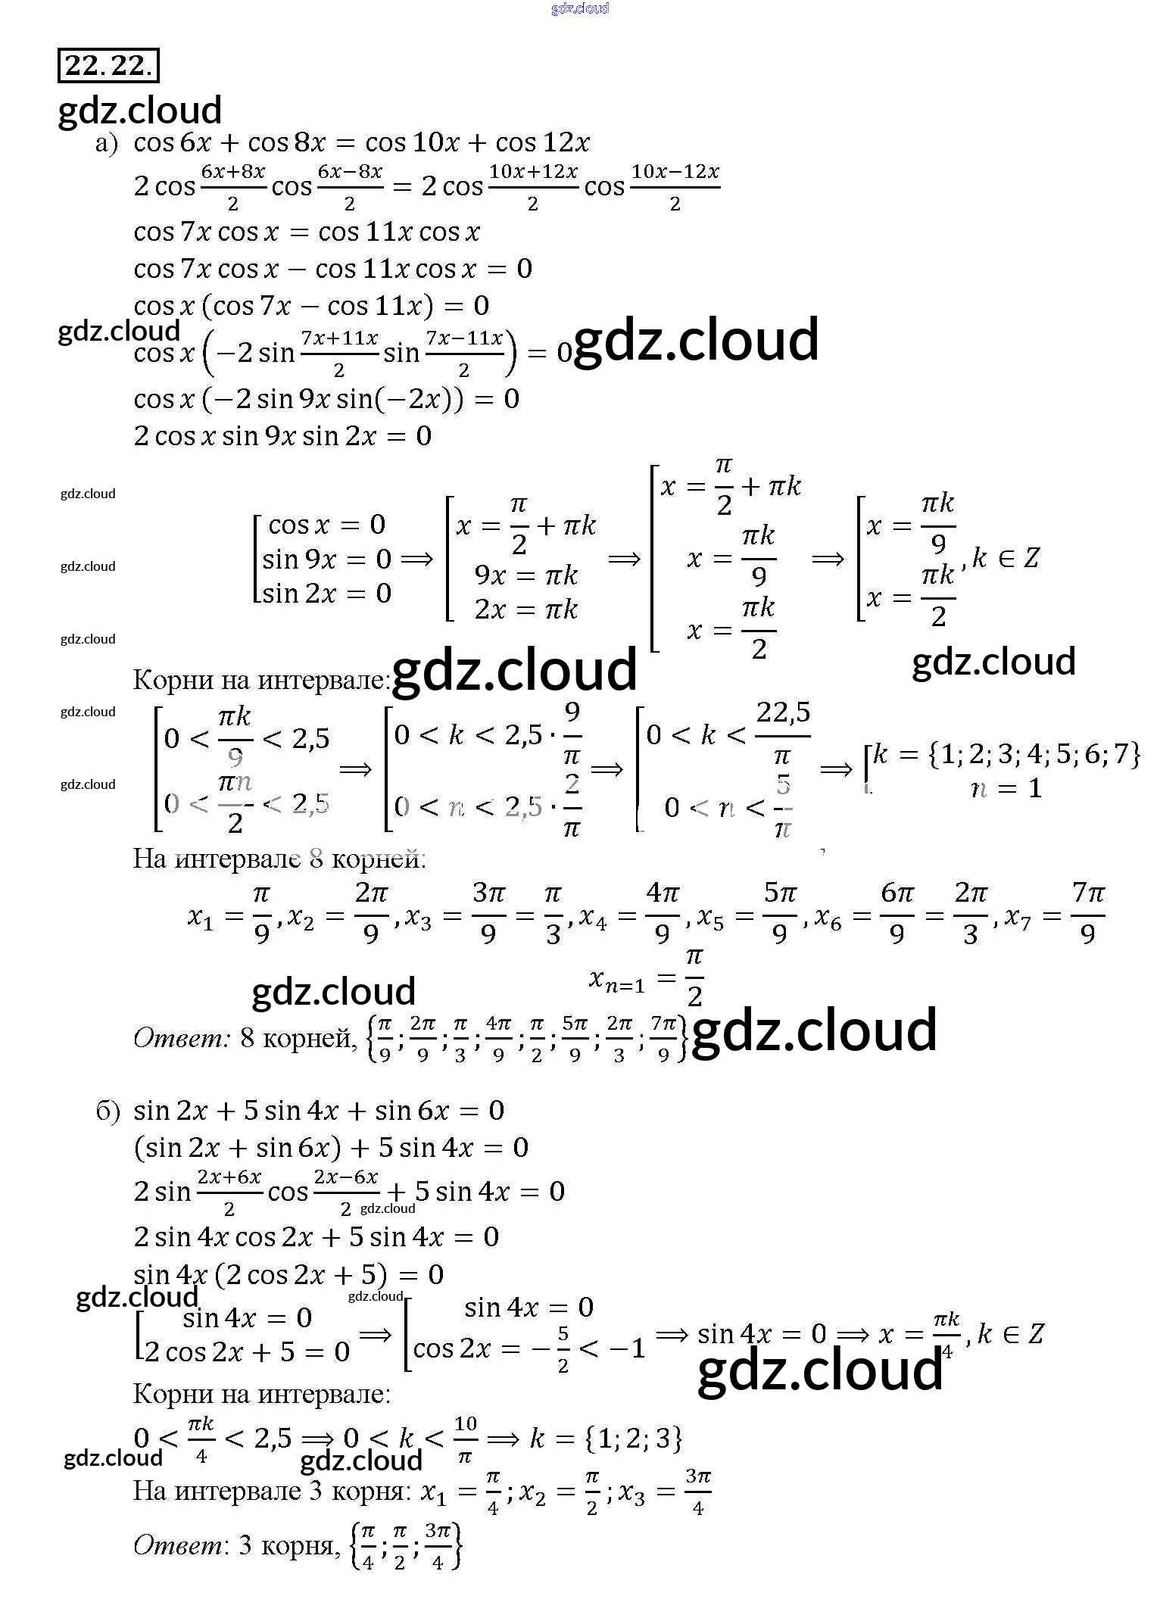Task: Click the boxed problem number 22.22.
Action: point(108,66)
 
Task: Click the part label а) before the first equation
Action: point(107,144)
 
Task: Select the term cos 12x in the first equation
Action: point(542,142)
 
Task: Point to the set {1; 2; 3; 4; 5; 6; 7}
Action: point(1033,754)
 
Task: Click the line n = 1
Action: point(1006,789)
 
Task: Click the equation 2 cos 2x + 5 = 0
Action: point(247,1352)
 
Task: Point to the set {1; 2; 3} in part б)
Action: point(634,1438)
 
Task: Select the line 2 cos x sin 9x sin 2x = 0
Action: point(282,436)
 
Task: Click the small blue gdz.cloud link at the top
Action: point(580,8)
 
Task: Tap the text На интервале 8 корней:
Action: point(279,859)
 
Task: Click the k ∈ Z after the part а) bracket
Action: point(1006,559)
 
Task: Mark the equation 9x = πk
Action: point(525,575)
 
